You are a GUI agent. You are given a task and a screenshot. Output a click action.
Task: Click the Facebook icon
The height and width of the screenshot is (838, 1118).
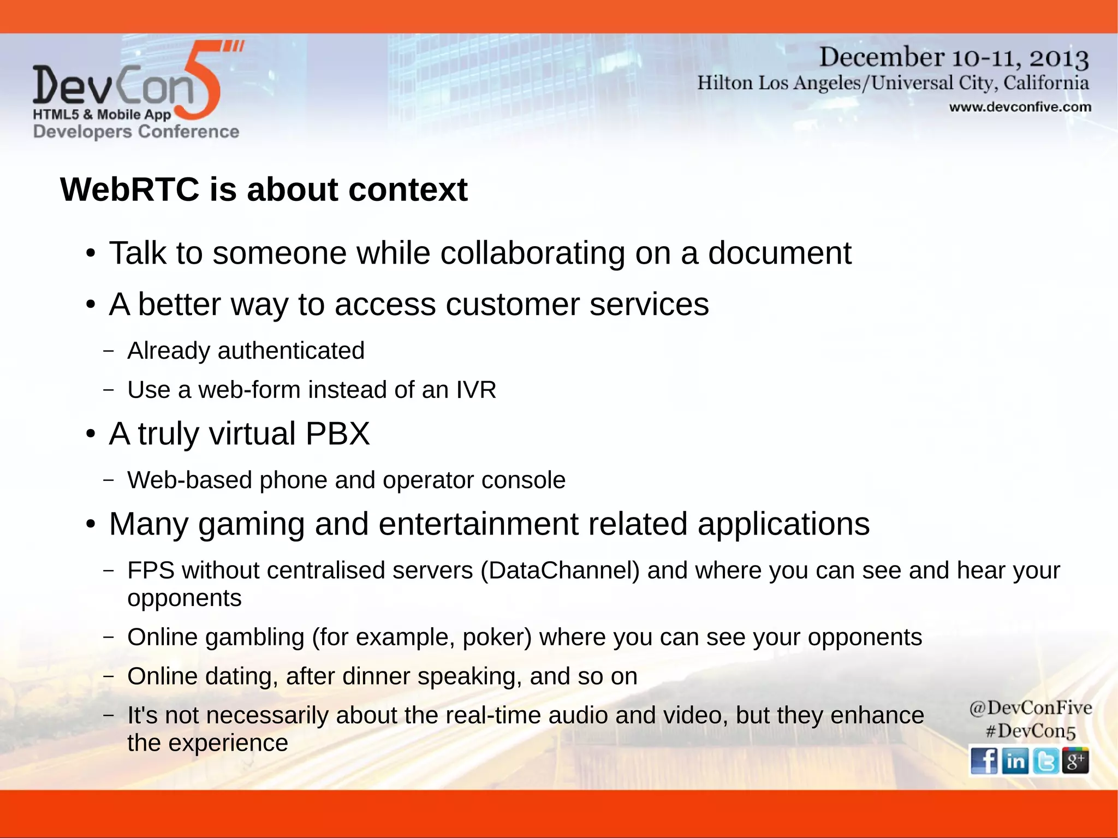984,760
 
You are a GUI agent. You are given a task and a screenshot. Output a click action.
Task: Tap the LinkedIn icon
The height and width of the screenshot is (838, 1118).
1015,760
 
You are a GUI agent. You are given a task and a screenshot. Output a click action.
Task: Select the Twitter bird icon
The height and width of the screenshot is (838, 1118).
1045,760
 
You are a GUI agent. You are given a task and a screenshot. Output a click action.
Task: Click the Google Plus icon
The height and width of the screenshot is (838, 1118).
1075,760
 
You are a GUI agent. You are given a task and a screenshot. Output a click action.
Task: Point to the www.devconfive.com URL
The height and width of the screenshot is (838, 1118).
1020,107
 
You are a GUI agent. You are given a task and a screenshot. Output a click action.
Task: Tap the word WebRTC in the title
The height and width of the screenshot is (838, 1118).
130,189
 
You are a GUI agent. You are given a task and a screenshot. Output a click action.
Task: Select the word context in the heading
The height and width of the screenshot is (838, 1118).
407,189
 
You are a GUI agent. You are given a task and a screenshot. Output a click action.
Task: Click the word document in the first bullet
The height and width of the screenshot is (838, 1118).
779,253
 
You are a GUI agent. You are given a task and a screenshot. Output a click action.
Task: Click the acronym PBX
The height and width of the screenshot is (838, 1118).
337,433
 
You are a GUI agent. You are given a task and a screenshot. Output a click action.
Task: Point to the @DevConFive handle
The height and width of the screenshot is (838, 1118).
1030,708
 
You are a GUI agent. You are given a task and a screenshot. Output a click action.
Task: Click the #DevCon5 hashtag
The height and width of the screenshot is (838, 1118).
1030,731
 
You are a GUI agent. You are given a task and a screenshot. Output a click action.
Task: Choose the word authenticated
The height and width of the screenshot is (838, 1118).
290,350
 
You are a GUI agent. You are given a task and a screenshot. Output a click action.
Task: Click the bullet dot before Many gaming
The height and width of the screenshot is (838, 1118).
91,525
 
